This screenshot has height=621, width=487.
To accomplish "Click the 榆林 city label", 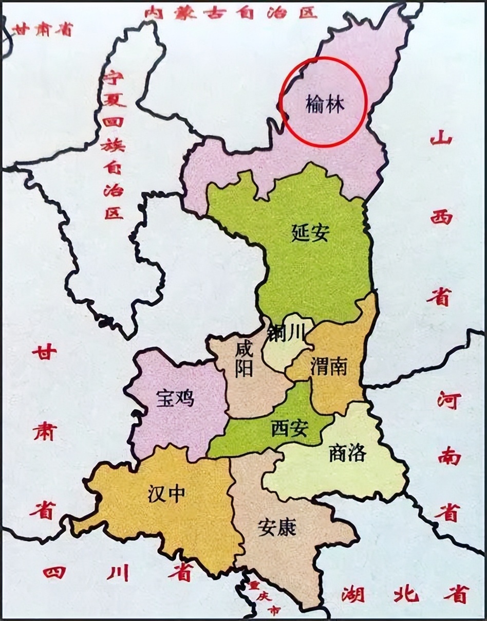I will (x=324, y=105).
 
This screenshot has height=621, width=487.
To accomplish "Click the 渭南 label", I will (x=329, y=367).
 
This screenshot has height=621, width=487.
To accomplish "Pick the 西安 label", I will (x=289, y=428).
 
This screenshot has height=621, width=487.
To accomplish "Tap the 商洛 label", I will (x=347, y=453).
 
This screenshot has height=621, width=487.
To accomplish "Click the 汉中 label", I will (x=166, y=495).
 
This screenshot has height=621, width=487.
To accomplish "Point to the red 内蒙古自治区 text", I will (x=231, y=12).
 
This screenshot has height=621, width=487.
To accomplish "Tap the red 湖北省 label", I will (x=405, y=594).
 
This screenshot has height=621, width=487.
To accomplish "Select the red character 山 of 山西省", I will (x=441, y=138).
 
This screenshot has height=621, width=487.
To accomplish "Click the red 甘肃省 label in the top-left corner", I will (x=43, y=30).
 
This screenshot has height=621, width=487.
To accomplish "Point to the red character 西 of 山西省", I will (x=441, y=216).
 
